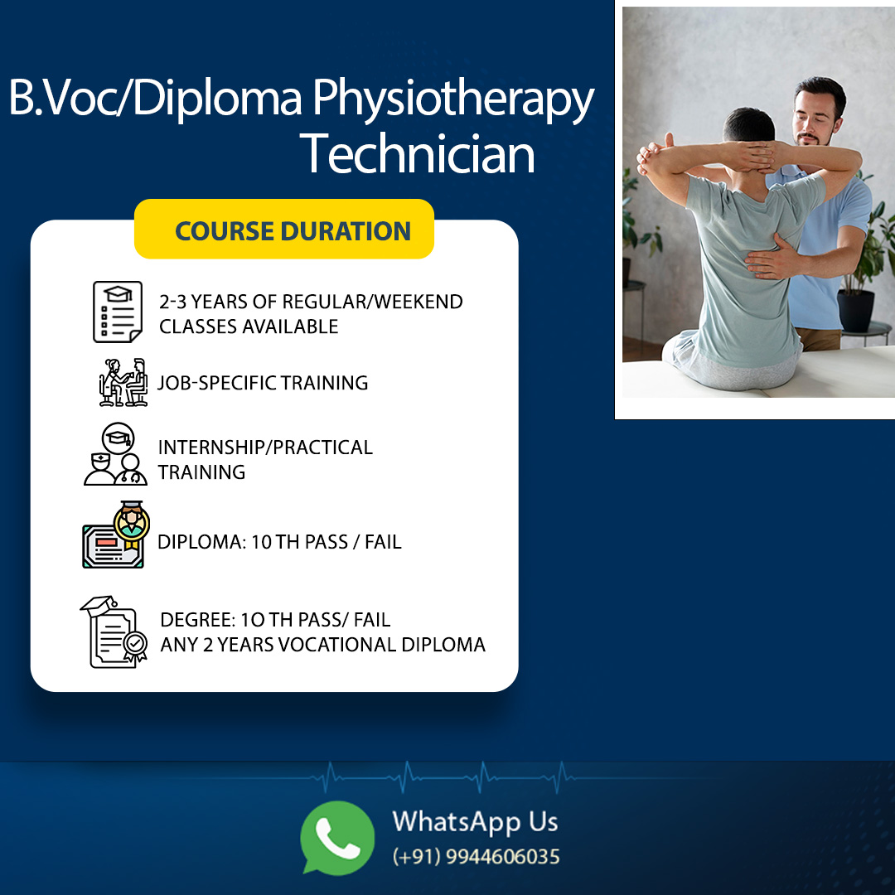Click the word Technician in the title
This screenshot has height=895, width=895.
click(417, 154)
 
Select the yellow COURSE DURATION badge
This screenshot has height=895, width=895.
click(284, 230)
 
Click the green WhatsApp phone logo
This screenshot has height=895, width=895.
click(337, 837)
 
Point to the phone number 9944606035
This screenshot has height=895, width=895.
click(502, 857)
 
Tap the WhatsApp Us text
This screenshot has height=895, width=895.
click(475, 822)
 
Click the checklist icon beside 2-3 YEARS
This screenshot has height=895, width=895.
click(118, 312)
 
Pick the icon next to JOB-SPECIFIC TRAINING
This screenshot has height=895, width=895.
click(123, 382)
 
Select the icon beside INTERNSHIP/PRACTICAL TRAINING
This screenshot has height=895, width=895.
click(116, 454)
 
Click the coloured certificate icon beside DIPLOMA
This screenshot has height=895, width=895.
click(116, 535)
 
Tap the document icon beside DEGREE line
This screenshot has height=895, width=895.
click(114, 631)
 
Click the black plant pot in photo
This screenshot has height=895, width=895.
click(855, 311)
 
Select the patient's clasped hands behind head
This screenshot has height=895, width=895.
click(752, 155)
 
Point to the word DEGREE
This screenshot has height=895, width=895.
click(197, 619)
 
